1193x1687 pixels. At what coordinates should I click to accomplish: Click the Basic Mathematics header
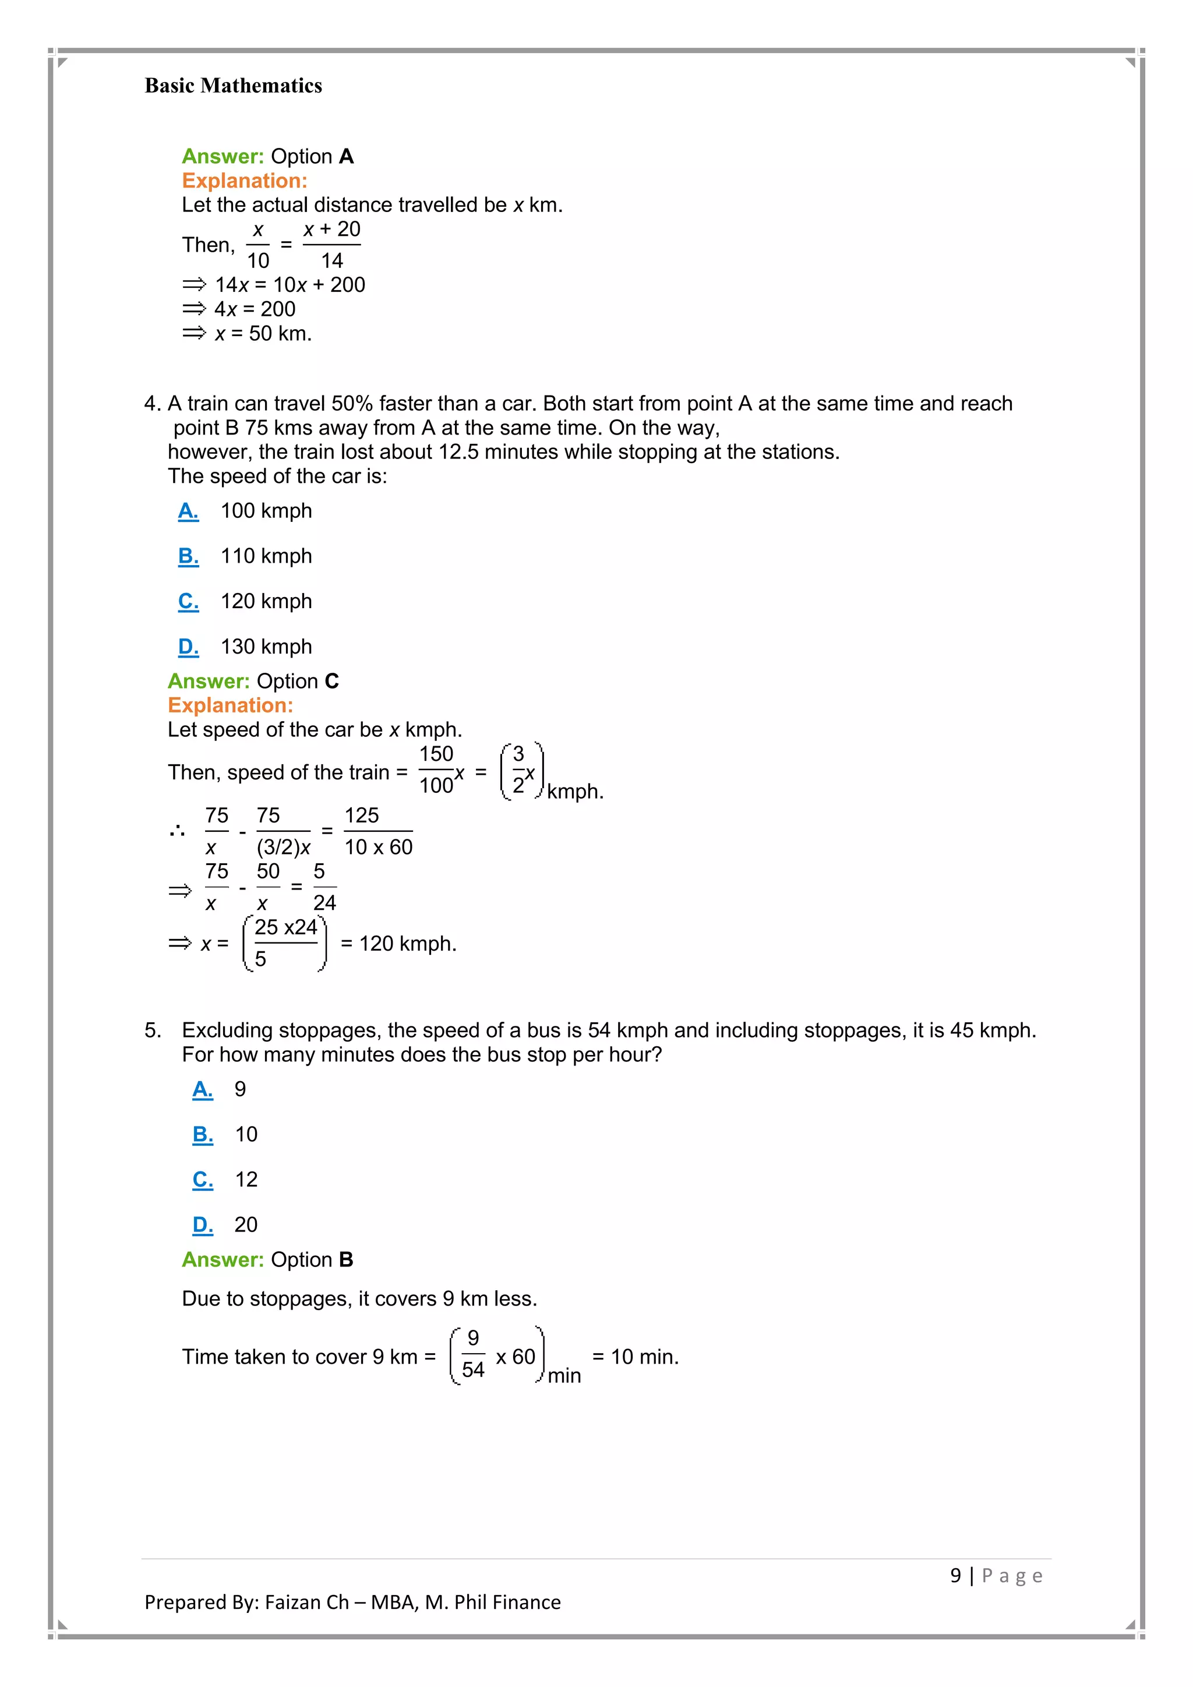(x=233, y=86)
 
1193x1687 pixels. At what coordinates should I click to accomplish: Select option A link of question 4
(x=188, y=511)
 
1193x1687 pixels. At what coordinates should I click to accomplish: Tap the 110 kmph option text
(x=266, y=556)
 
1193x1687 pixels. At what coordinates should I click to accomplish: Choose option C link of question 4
(x=188, y=601)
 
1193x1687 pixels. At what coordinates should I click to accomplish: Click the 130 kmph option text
(x=266, y=647)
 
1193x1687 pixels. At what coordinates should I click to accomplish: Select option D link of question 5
(x=203, y=1225)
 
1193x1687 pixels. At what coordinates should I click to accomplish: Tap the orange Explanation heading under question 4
(x=230, y=705)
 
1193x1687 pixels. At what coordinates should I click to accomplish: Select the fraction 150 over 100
(x=436, y=770)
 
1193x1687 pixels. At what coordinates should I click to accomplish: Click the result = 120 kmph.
(x=399, y=944)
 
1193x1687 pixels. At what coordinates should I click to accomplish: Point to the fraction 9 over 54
(x=473, y=1354)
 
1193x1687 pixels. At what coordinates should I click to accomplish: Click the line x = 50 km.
(x=262, y=334)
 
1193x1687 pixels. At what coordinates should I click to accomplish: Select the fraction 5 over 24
(x=323, y=887)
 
